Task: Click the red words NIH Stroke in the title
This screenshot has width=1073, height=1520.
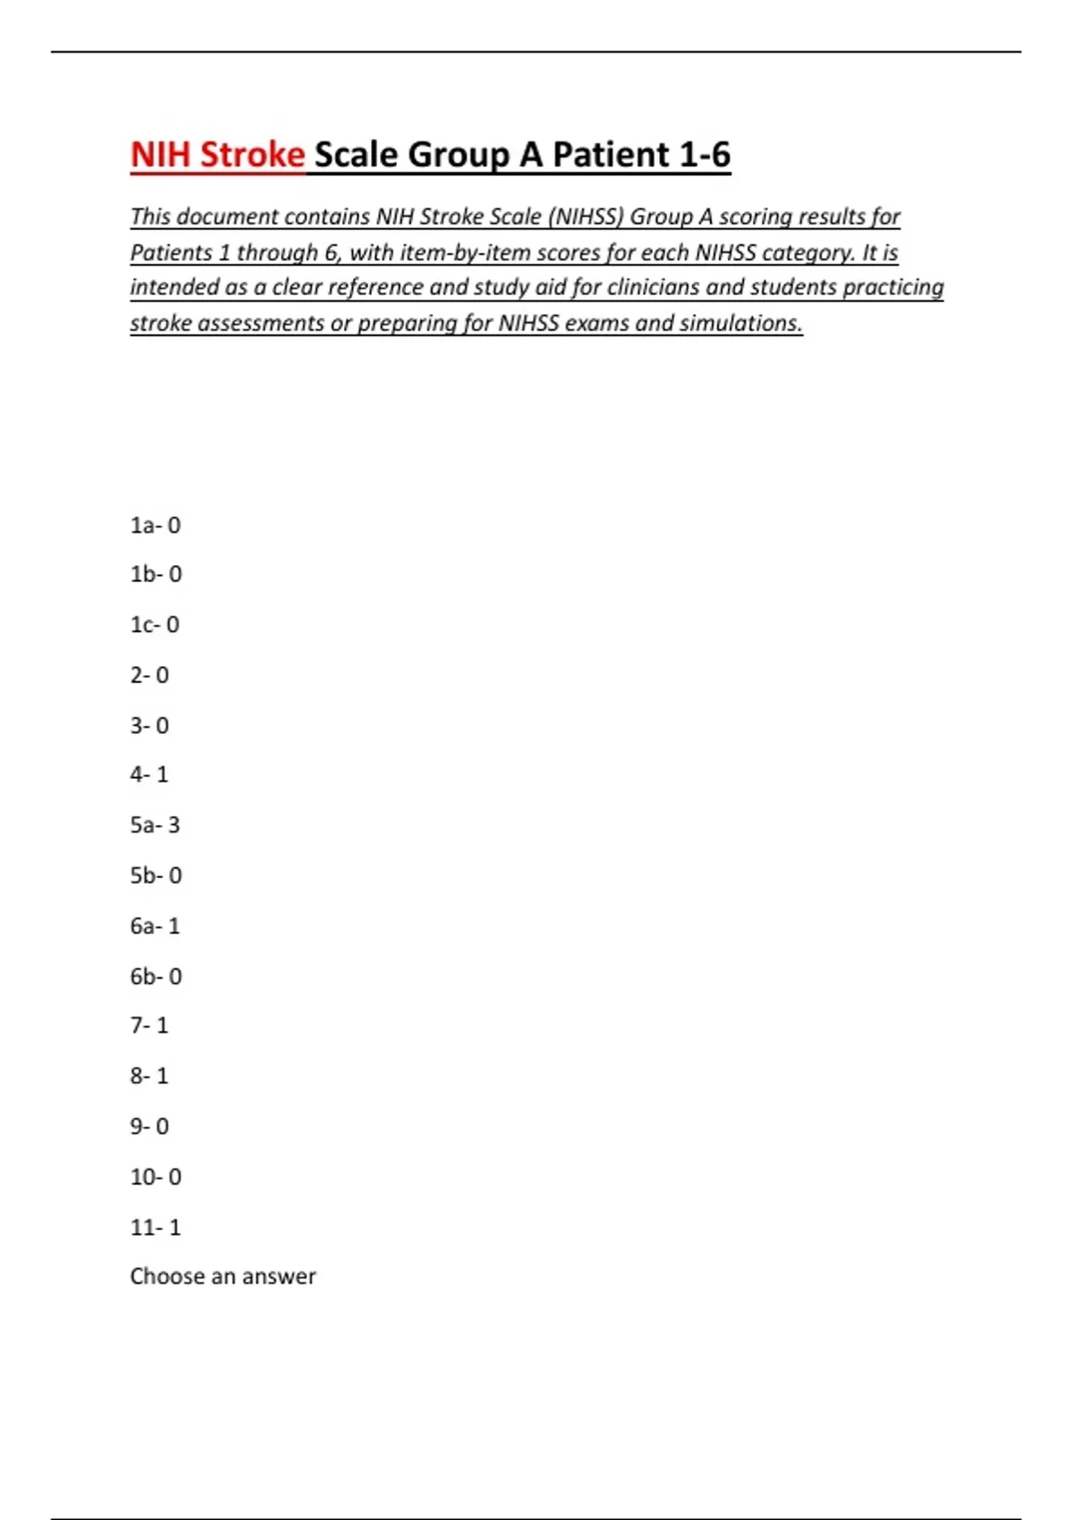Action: tap(217, 155)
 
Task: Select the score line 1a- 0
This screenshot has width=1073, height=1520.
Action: tap(156, 525)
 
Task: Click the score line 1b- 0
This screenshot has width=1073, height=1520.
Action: tap(156, 574)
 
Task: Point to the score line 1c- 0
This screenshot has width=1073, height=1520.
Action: tap(155, 624)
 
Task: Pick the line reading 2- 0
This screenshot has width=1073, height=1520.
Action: tap(149, 675)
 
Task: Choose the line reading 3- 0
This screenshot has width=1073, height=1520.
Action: tap(149, 725)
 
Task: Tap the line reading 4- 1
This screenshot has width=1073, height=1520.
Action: tap(149, 774)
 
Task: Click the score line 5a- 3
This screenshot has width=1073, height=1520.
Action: tap(155, 824)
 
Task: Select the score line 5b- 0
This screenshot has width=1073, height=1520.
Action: tap(156, 875)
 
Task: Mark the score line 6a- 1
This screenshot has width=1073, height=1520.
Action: tap(155, 925)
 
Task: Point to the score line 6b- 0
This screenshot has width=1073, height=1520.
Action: tap(156, 976)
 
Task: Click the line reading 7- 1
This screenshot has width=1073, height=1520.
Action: tap(149, 1025)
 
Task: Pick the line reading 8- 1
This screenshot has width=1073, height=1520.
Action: tap(149, 1076)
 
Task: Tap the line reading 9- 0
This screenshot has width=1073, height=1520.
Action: tap(149, 1126)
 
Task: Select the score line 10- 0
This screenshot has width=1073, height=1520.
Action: tap(156, 1177)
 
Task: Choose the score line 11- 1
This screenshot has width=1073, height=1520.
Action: tap(156, 1227)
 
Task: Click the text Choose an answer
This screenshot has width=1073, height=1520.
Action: tap(223, 1276)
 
